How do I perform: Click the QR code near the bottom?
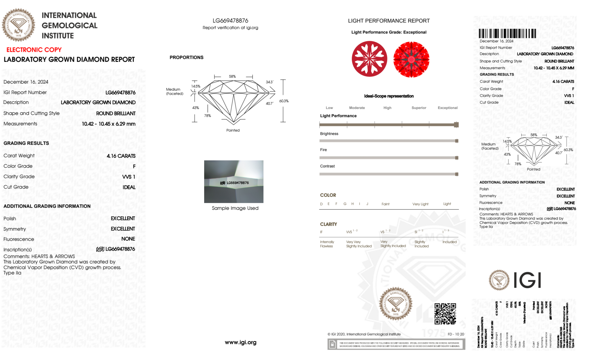click(x=445, y=313)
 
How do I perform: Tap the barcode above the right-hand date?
click(x=507, y=33)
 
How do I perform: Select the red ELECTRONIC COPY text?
click(x=34, y=50)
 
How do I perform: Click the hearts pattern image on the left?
click(x=369, y=59)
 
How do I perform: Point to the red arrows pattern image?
click(x=411, y=59)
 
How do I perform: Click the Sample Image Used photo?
click(x=234, y=181)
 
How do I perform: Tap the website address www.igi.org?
click(x=240, y=343)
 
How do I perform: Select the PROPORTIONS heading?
click(x=186, y=57)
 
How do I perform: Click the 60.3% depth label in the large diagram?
click(x=284, y=101)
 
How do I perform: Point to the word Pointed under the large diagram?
click(x=233, y=130)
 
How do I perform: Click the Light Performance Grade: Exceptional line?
click(x=389, y=32)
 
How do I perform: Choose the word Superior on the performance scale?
click(x=419, y=108)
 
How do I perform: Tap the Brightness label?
click(x=329, y=134)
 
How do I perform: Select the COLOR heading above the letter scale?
click(x=328, y=195)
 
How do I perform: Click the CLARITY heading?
click(x=328, y=224)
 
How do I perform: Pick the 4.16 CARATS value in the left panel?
click(x=121, y=156)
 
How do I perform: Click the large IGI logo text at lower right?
click(x=527, y=280)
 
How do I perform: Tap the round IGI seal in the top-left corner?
click(x=18, y=25)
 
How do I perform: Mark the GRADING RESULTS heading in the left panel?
click(x=26, y=143)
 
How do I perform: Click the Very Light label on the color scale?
click(x=420, y=204)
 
